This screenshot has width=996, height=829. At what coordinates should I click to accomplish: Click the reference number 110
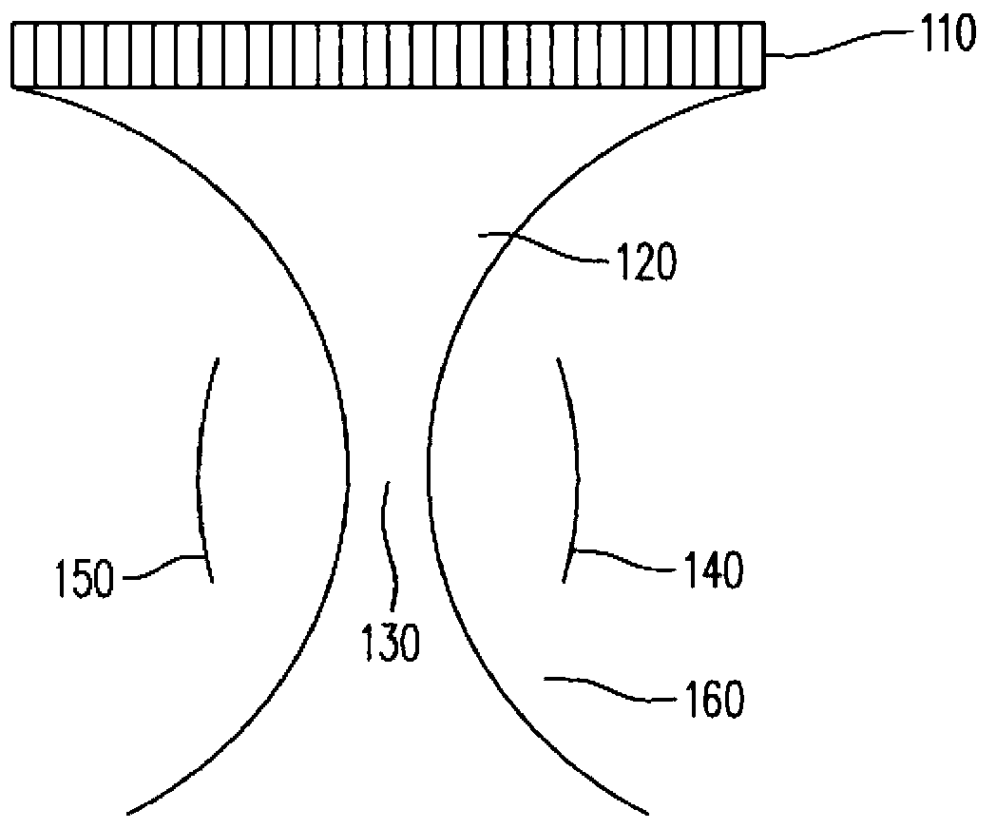click(x=946, y=39)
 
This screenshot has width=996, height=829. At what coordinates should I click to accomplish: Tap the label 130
click(x=389, y=643)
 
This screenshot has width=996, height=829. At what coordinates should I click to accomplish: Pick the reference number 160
click(x=711, y=702)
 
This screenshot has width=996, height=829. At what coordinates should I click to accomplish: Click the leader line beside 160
click(x=599, y=686)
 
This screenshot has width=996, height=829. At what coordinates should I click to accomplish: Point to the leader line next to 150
click(x=162, y=565)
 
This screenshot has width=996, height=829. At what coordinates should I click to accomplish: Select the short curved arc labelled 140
click(x=573, y=466)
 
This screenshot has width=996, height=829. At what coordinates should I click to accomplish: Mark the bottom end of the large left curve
click(x=129, y=813)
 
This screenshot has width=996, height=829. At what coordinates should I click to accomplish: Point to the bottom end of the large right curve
click(x=646, y=813)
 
